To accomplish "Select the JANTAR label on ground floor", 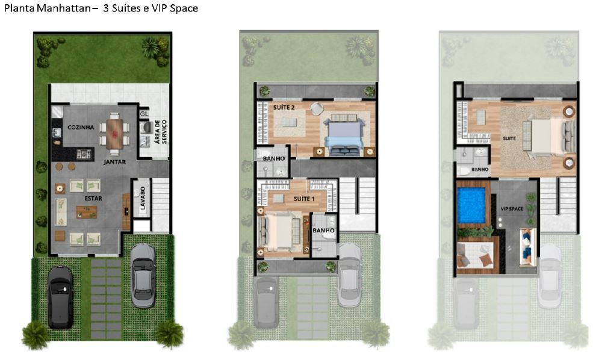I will coord(114,162).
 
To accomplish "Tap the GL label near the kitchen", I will coord(144,114).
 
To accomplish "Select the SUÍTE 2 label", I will coord(284,107).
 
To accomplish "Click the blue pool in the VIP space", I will coord(474,205).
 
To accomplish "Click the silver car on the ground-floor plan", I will coord(143,275).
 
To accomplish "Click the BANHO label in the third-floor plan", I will coord(480,169).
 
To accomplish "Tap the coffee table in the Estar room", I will coord(86,212).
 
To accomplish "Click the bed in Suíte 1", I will coord(278,232).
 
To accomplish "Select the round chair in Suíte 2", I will coord(317,108).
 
